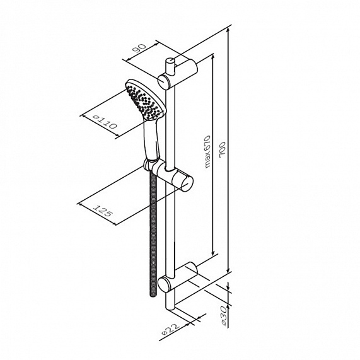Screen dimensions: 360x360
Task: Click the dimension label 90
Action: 139,48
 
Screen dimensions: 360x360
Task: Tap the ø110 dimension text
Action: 105,122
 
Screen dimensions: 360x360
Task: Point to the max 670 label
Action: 207,152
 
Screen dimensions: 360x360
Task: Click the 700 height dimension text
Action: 223,149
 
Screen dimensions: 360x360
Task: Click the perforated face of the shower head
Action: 144,102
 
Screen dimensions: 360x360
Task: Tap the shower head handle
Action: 151,140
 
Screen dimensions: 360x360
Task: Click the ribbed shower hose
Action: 153,233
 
